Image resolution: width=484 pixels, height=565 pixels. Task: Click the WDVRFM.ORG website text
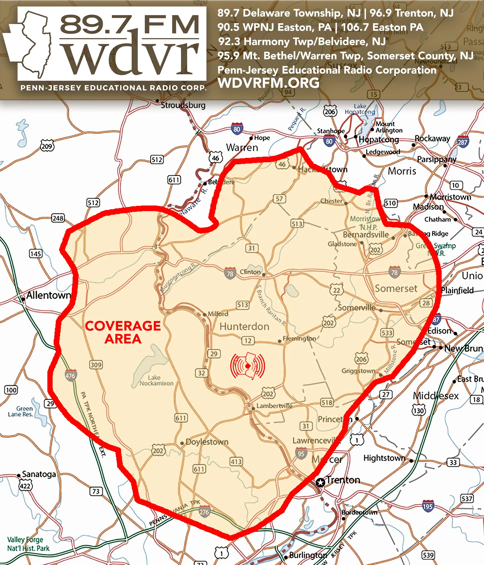[268, 83]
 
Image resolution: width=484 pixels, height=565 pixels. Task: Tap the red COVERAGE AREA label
[123, 332]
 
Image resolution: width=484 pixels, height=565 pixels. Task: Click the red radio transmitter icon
[248, 366]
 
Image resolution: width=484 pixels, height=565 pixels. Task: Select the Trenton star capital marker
[320, 482]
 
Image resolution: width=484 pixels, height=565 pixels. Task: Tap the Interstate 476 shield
[71, 376]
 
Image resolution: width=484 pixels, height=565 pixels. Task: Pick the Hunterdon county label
[244, 326]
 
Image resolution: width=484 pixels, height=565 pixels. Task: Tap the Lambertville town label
[274, 406]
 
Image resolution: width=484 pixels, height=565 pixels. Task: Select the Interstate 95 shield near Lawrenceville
[301, 453]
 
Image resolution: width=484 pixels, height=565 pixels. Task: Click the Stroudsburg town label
[183, 105]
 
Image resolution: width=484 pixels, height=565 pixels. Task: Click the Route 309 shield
[96, 365]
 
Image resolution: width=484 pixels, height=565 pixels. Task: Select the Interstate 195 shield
[428, 506]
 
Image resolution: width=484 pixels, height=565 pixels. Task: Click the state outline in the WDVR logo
[30, 44]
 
